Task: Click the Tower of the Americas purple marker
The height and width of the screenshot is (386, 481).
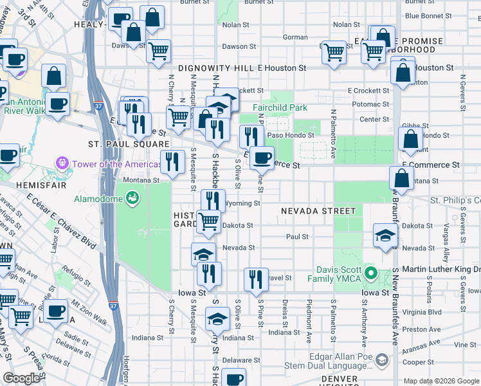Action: tap(62, 164)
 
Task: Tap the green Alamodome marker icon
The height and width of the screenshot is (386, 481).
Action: tap(132, 198)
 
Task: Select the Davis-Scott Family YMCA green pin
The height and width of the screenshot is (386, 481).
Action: tap(370, 273)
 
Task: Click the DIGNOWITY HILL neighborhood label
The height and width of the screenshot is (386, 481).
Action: tap(210, 68)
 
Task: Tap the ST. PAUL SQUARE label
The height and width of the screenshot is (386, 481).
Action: tap(129, 144)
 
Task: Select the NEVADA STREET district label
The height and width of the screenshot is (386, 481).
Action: tap(317, 211)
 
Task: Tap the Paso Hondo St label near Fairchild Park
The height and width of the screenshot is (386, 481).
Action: tap(290, 135)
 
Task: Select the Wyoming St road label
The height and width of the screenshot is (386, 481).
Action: tap(244, 203)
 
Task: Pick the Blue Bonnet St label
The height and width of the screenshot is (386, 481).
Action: tap(430, 15)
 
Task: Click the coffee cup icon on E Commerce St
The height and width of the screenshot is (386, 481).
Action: tap(261, 157)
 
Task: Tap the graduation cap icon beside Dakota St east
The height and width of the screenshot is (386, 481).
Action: tap(385, 234)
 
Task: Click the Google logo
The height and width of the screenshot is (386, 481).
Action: tap(21, 378)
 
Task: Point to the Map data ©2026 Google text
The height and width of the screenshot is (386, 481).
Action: tap(440, 381)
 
